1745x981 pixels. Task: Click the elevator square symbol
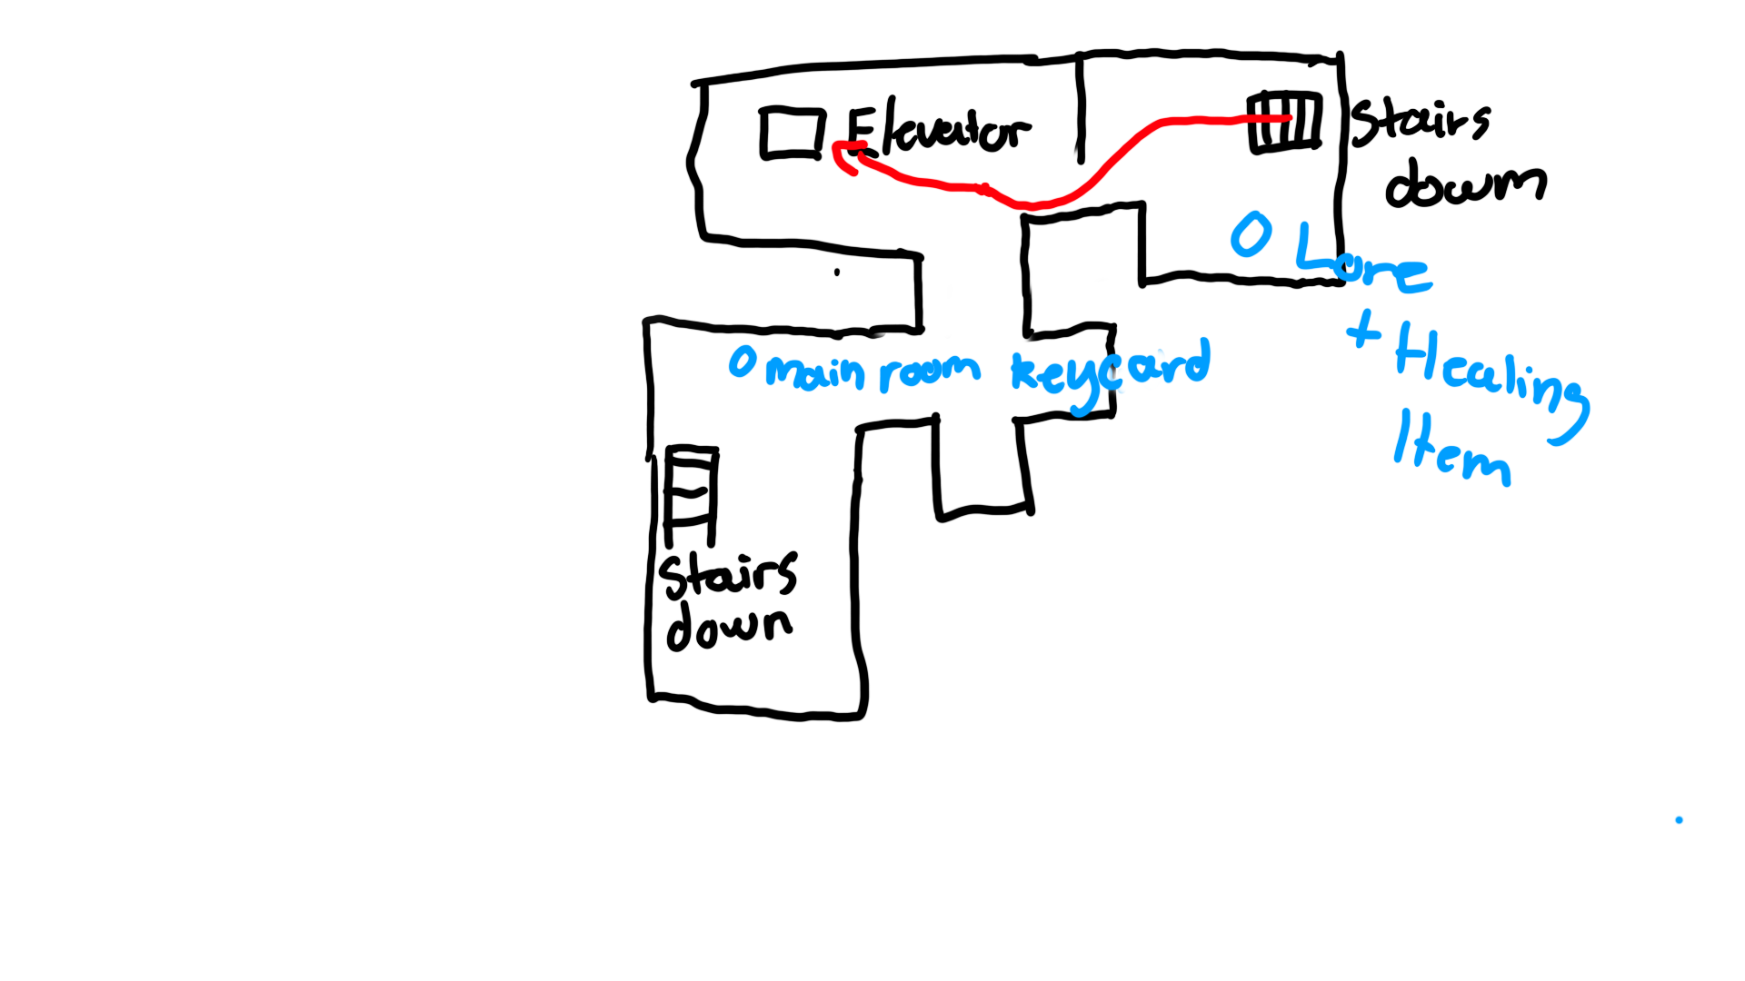coord(793,134)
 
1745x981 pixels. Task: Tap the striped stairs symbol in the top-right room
coord(1285,121)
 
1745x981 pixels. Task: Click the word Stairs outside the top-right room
coord(1420,123)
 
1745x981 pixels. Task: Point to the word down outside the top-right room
coord(1465,183)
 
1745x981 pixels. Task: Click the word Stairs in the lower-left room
coord(728,575)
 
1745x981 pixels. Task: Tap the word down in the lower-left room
coord(728,626)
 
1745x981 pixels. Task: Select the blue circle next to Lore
coord(1251,234)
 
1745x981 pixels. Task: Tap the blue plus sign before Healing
coord(1362,330)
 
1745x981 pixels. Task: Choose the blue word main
coord(814,372)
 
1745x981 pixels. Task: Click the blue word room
coord(930,371)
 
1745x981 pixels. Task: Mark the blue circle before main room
coord(743,362)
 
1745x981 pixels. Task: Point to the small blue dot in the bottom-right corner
coord(1679,820)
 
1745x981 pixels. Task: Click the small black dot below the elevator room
coord(837,272)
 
